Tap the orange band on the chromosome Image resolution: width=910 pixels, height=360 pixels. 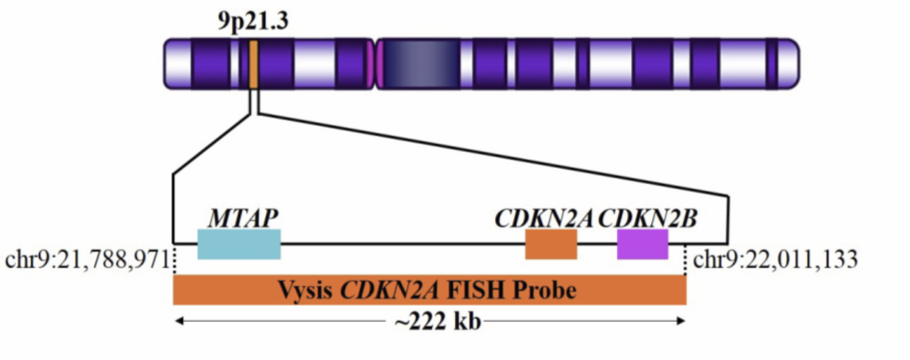(x=253, y=64)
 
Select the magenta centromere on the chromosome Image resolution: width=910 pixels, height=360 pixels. (x=373, y=64)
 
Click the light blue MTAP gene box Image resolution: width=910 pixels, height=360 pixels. (x=239, y=244)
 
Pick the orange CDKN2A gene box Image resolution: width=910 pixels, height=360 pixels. (x=551, y=244)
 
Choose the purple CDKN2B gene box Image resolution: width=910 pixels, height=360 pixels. (x=643, y=244)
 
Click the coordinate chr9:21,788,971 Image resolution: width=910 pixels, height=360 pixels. (x=87, y=260)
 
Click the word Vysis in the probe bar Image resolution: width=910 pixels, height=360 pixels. (x=306, y=291)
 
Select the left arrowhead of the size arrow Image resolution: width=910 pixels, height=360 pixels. (x=179, y=321)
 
